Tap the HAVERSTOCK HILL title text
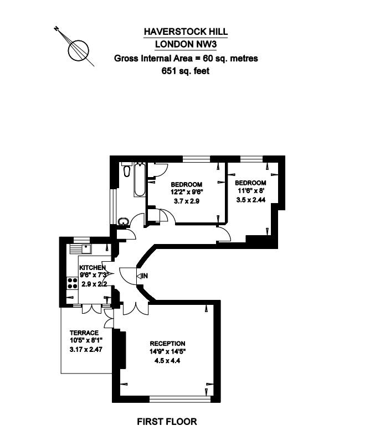[x=186, y=32]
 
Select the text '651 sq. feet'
[x=186, y=71]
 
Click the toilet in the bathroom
[x=127, y=169]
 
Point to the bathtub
[x=140, y=179]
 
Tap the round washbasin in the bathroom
[x=124, y=221]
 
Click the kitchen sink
[x=80, y=249]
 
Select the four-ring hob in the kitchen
[x=73, y=283]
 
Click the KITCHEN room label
[x=93, y=267]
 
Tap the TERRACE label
[x=84, y=333]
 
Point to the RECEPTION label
[x=167, y=344]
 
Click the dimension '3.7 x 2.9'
[x=187, y=201]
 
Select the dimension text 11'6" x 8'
[x=251, y=191]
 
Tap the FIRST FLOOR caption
[x=167, y=422]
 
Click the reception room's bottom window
[x=180, y=400]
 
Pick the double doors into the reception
[x=135, y=309]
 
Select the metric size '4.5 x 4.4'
[x=167, y=361]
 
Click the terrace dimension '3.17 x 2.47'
[x=86, y=350]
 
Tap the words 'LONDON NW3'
[x=186, y=44]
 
